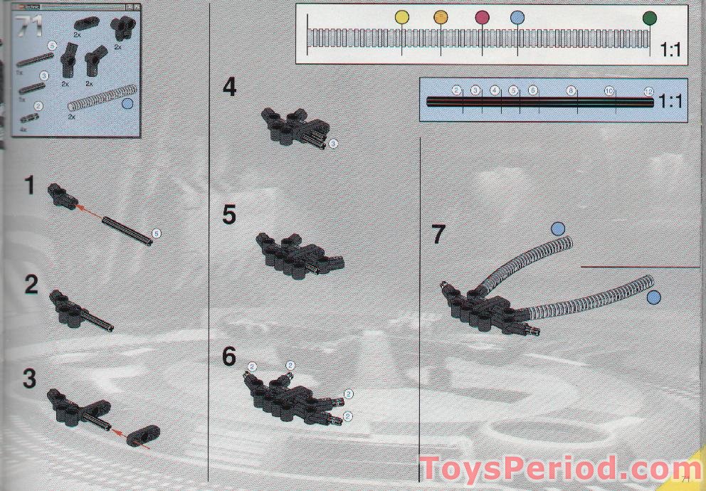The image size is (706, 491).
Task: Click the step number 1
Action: tap(29, 186)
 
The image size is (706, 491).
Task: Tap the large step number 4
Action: tap(229, 88)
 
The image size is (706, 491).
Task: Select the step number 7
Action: tap(439, 234)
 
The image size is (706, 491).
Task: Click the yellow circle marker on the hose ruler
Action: tap(402, 17)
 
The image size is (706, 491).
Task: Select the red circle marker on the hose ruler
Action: tap(482, 17)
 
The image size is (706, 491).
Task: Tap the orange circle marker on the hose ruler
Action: tap(441, 17)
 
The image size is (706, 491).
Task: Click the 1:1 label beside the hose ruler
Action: tap(671, 51)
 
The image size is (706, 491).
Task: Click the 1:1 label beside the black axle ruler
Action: tap(671, 101)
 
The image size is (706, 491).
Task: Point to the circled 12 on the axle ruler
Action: tap(648, 91)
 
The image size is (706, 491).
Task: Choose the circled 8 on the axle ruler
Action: tap(571, 91)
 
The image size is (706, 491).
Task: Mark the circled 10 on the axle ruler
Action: tap(609, 91)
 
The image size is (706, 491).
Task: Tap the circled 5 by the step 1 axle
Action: tap(156, 233)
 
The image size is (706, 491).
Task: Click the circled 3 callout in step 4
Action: tap(333, 143)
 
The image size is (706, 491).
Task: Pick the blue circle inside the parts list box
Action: tap(128, 104)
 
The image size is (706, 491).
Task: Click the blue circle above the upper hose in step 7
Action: tap(558, 228)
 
